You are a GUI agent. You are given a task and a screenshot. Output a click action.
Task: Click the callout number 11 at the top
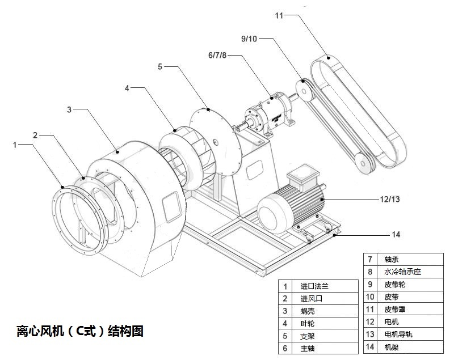[x=279, y=15]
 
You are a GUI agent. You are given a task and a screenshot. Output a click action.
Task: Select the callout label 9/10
[x=249, y=39]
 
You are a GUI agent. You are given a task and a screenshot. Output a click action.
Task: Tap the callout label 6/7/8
[x=217, y=56]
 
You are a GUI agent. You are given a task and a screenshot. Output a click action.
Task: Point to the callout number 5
[x=160, y=66]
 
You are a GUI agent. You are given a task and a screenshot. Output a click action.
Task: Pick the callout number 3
[x=69, y=109]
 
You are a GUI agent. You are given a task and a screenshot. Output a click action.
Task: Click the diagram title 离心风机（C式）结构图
[x=80, y=331]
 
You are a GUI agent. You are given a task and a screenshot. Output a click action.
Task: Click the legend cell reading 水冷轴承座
[x=402, y=272]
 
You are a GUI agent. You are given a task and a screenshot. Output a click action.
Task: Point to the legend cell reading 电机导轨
[x=398, y=334]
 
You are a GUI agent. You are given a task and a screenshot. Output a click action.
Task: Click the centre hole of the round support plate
[x=216, y=141]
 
